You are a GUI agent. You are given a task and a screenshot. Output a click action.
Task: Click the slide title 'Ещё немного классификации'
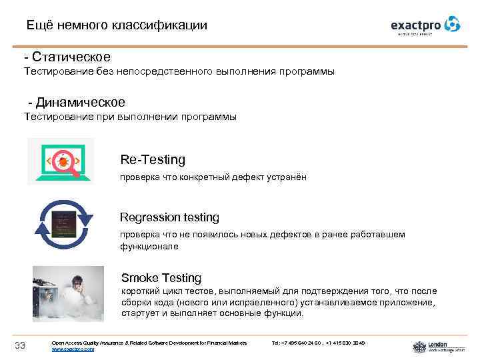117,25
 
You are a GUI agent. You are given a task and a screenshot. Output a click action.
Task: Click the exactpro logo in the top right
425,25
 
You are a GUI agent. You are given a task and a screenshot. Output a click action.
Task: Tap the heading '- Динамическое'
77,103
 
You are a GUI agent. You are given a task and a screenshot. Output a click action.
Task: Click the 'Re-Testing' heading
153,160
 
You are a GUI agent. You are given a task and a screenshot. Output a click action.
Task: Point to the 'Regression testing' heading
169,217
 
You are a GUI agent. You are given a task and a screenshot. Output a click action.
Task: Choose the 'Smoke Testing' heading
161,277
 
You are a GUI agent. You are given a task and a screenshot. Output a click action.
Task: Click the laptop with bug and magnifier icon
61,161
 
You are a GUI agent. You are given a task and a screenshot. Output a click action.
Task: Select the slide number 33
19,345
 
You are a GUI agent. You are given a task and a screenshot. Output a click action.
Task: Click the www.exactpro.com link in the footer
73,349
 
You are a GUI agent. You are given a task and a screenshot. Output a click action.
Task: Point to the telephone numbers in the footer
319,343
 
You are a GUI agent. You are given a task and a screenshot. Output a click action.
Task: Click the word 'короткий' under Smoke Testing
140,291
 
